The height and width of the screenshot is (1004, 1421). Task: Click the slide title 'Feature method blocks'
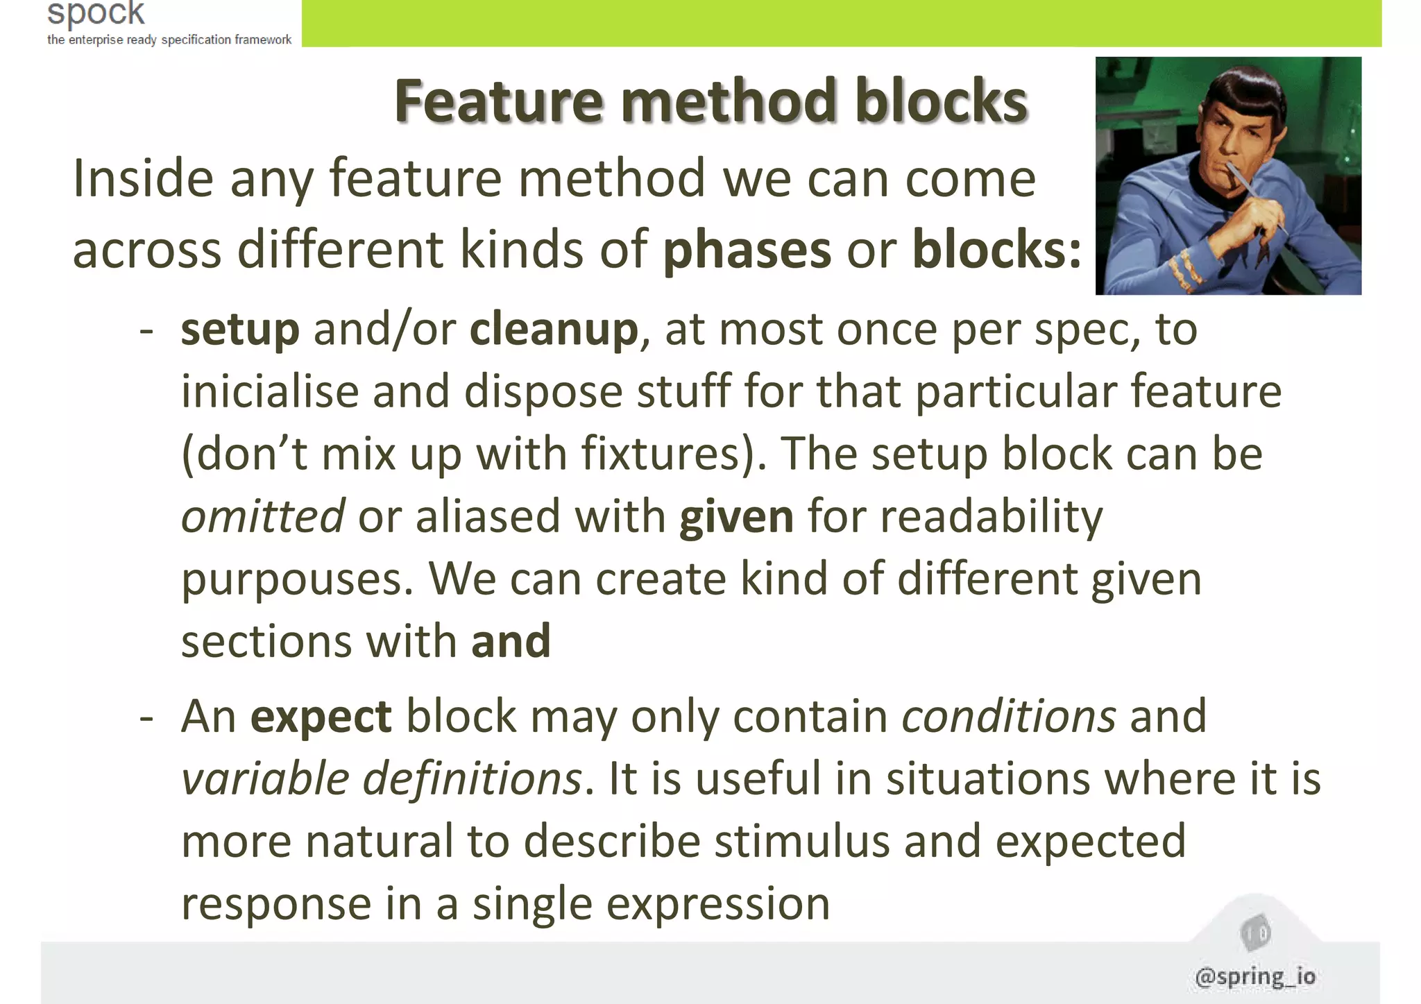tap(710, 101)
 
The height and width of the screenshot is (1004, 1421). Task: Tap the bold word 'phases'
tap(747, 250)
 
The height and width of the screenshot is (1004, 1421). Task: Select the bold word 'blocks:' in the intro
tap(996, 249)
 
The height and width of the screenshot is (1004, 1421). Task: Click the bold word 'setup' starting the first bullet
tap(240, 330)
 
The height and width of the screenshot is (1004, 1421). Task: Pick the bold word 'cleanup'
tap(554, 330)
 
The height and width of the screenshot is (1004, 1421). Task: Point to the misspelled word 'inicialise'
tap(269, 391)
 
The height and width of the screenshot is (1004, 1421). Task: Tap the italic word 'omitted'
tap(262, 516)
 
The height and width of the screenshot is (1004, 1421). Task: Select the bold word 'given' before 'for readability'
tap(736, 517)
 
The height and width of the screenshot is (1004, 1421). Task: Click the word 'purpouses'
tap(291, 579)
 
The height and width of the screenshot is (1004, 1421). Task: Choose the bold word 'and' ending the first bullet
tap(511, 641)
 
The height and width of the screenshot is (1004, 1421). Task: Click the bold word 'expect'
tap(321, 717)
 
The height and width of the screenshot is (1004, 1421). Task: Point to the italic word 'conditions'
tap(1008, 716)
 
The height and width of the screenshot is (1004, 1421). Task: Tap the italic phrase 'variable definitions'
tap(381, 778)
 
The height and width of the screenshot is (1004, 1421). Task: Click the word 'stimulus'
tap(801, 842)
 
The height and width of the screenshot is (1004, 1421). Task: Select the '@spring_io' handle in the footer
tap(1255, 976)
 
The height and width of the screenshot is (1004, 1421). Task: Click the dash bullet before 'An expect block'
tap(146, 717)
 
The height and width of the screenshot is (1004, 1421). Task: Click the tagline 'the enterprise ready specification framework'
tap(169, 40)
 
